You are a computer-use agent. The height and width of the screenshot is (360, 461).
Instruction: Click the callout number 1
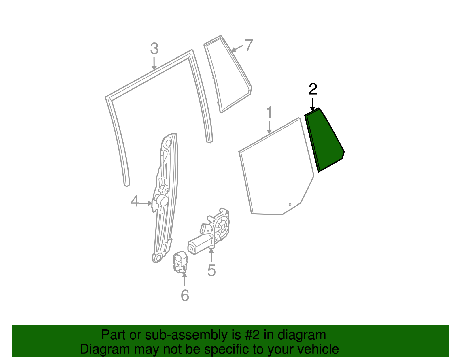pos(269,112)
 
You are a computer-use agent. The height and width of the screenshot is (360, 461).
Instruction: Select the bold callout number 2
pos(313,89)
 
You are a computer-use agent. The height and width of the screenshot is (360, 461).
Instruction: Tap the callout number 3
pos(154,49)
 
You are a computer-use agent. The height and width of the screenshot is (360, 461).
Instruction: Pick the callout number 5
pos(211,270)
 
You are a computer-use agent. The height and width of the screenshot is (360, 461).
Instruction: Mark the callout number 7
pos(249,45)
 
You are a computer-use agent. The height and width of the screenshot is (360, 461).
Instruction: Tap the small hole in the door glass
pos(290,205)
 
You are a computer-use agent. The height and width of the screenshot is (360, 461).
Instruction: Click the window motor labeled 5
pos(209,231)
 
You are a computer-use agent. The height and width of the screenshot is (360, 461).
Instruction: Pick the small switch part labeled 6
pos(180,262)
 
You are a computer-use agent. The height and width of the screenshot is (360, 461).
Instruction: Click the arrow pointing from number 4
pos(146,203)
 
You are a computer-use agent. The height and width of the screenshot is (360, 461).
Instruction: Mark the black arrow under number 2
pos(312,105)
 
